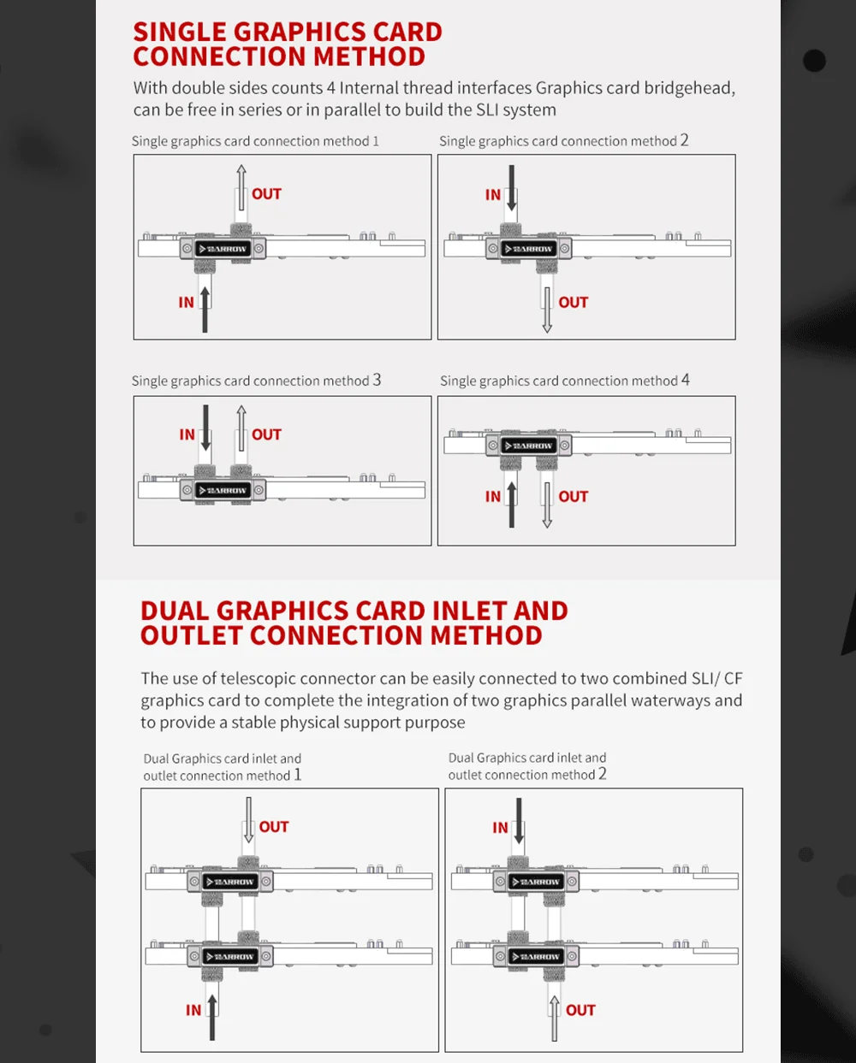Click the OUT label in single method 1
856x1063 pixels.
click(x=266, y=193)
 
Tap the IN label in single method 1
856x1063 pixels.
click(x=186, y=302)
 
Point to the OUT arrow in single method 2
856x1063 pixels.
click(x=547, y=310)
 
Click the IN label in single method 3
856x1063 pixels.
click(x=187, y=434)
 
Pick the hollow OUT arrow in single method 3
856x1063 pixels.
click(x=241, y=428)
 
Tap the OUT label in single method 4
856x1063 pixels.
click(x=574, y=496)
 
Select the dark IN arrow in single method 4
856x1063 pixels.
click(x=512, y=505)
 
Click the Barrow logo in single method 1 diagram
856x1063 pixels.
click(x=223, y=249)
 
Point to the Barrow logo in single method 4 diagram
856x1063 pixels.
click(x=529, y=446)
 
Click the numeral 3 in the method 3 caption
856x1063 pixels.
click(x=377, y=380)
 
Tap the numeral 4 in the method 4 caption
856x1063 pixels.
click(x=686, y=380)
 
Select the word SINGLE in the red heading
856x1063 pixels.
click(x=180, y=32)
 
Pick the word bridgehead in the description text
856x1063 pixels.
click(x=689, y=88)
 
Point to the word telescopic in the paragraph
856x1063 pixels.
click(x=259, y=679)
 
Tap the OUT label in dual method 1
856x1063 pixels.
click(x=273, y=827)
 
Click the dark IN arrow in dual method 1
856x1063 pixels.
click(x=212, y=1018)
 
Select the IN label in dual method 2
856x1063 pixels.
click(x=500, y=828)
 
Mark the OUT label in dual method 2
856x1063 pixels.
click(x=580, y=1010)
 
